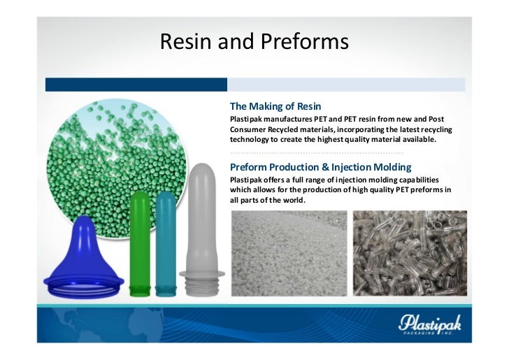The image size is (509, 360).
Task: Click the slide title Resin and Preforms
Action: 254,43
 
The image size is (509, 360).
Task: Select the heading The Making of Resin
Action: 275,107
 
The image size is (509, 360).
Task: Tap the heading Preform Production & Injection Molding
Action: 320,167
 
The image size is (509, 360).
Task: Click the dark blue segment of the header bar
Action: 136,85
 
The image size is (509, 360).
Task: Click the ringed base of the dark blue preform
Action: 83,283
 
